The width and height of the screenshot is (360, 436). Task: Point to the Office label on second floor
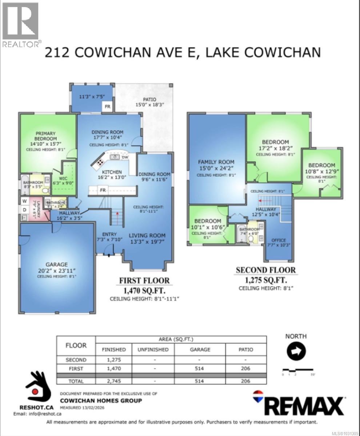(278, 240)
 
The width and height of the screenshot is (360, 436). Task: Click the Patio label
(149, 99)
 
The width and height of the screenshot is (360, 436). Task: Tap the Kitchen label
(112, 172)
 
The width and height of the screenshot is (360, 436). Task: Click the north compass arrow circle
(296, 351)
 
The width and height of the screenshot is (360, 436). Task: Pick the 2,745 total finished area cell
(114, 381)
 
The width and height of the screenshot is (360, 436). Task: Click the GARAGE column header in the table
(200, 350)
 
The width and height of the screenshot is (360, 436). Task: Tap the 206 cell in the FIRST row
(246, 368)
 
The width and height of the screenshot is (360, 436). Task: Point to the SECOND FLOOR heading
(265, 270)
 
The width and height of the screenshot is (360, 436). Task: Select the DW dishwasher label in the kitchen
(125, 157)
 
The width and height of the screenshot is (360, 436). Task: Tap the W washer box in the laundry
(24, 201)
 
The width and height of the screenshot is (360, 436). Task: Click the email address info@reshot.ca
(37, 413)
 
